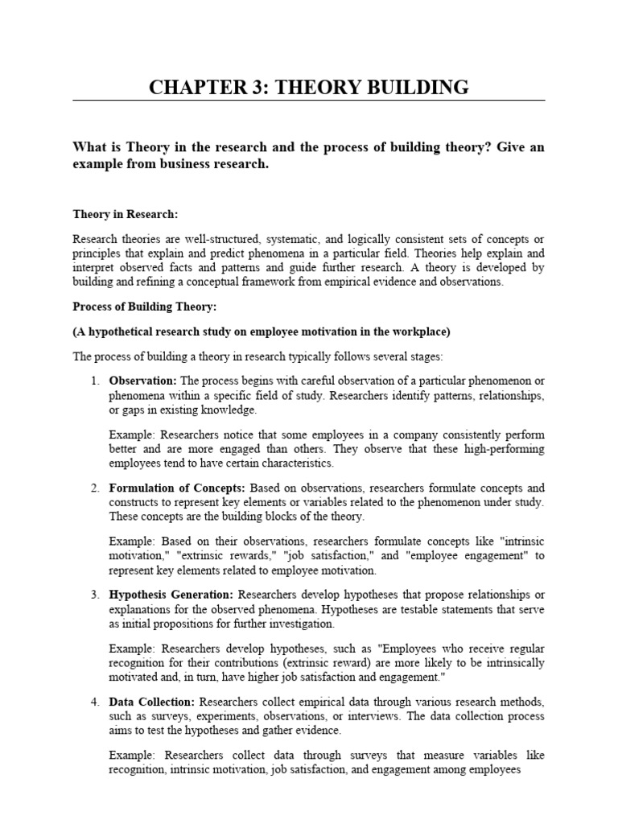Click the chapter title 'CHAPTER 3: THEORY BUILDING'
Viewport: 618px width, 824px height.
pos(309,87)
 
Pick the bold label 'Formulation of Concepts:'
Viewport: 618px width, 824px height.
pos(178,488)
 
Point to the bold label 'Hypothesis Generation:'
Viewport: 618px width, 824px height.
pos(171,595)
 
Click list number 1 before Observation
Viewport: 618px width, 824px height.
pos(94,381)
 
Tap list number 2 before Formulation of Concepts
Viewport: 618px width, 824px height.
pos(94,488)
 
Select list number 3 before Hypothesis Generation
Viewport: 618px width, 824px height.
pos(94,595)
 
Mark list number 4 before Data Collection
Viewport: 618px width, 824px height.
pos(94,702)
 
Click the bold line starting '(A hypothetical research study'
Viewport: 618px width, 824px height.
pos(262,332)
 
